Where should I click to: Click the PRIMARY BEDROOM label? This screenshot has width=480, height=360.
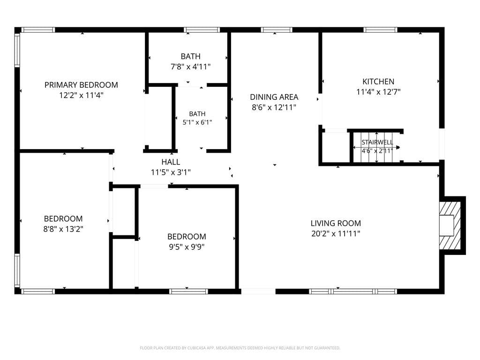tap(81, 85)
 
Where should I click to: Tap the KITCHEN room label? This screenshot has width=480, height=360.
tap(378, 82)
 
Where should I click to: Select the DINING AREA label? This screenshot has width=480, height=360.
tap(274, 97)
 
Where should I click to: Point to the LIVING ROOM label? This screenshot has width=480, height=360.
tap(336, 223)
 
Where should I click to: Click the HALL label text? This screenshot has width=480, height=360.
tap(171, 162)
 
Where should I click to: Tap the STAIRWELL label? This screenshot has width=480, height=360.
tap(377, 142)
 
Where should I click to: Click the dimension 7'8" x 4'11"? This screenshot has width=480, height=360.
tap(190, 67)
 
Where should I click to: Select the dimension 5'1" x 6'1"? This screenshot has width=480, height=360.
tap(197, 122)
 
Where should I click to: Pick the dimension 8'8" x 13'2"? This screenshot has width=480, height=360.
tap(63, 229)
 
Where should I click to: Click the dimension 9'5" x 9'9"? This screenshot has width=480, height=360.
tap(187, 247)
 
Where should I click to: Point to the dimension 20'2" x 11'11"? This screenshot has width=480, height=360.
tap(336, 233)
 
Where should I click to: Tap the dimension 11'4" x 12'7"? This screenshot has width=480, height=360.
tap(378, 92)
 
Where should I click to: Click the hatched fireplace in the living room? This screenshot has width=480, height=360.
tap(450, 225)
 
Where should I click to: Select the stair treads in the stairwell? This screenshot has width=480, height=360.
tap(376, 147)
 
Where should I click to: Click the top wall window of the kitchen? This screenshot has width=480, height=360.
tap(381, 30)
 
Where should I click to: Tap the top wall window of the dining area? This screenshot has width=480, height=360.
tap(277, 30)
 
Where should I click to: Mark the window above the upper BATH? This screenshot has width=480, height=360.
tap(202, 30)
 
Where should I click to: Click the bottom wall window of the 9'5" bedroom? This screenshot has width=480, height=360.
tap(188, 292)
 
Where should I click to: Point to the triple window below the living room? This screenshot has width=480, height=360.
tap(353, 292)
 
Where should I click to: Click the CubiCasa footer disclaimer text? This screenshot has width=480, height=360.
tap(240, 348)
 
